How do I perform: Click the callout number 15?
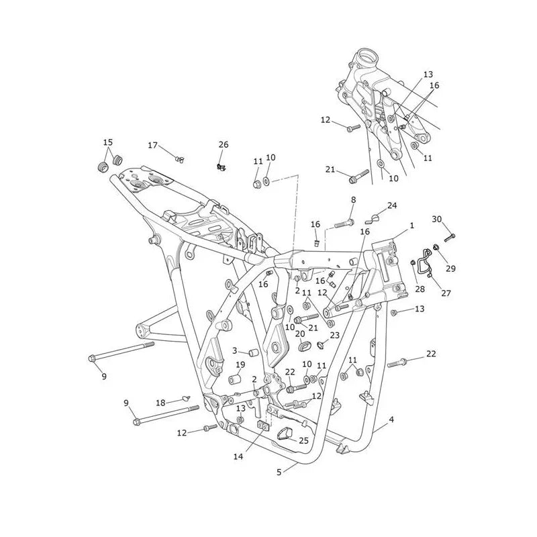coord(108,142)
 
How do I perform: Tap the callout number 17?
coord(153,145)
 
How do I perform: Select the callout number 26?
coord(224,144)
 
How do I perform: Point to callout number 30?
coord(437,219)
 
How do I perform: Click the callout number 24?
coord(392,205)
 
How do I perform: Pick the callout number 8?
coord(354,199)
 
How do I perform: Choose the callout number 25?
coord(304,441)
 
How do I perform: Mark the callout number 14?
coord(238,456)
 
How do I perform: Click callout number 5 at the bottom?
coord(279,473)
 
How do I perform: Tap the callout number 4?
coord(391,419)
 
